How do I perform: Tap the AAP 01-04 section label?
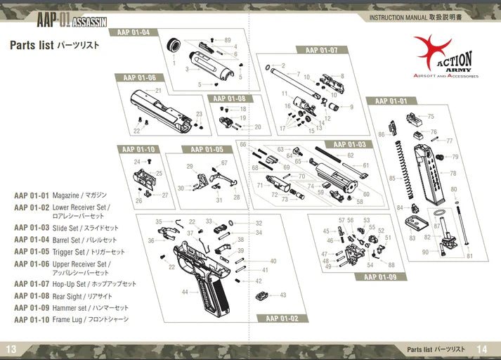point(134,32)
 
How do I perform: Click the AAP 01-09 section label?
point(380,276)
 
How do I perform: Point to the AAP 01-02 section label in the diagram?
point(282,319)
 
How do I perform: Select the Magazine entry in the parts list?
point(60,195)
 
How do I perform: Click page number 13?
point(11,349)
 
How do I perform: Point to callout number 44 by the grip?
point(185,291)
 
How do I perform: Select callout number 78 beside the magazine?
point(453,173)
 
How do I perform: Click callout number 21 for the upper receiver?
point(159,91)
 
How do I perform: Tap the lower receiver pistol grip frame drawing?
point(211,281)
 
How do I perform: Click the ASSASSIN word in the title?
point(89,21)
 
